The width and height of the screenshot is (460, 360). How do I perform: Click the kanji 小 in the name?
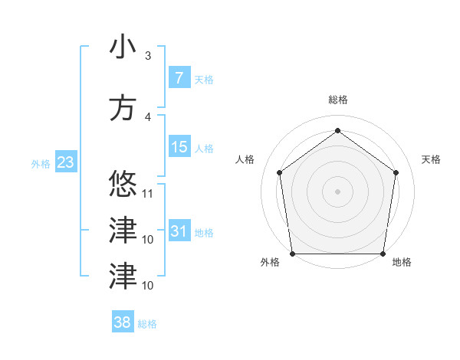122,47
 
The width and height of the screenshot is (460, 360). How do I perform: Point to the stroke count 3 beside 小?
148,55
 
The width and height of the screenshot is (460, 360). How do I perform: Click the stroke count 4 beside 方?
148,117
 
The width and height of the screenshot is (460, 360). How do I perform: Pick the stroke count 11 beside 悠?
149,193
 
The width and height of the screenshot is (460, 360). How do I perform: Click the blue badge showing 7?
179,78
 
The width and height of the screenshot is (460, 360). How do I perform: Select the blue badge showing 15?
179,148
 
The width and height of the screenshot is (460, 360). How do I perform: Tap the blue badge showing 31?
179,231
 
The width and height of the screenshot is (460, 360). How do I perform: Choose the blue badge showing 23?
65,162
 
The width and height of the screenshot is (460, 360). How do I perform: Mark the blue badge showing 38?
123,323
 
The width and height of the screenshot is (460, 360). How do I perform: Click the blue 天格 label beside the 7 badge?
204,80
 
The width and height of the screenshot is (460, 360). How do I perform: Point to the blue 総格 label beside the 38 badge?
147,325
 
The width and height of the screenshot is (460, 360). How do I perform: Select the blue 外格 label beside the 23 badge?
41,164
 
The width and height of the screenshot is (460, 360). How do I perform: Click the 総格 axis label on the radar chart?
338,100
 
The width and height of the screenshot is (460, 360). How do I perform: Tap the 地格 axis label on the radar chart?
402,262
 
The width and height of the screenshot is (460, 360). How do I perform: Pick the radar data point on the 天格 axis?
396,172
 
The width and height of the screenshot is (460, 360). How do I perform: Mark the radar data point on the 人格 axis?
279,172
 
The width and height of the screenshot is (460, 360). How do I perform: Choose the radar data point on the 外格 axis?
293,254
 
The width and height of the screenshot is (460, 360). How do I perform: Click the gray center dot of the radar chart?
337,191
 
